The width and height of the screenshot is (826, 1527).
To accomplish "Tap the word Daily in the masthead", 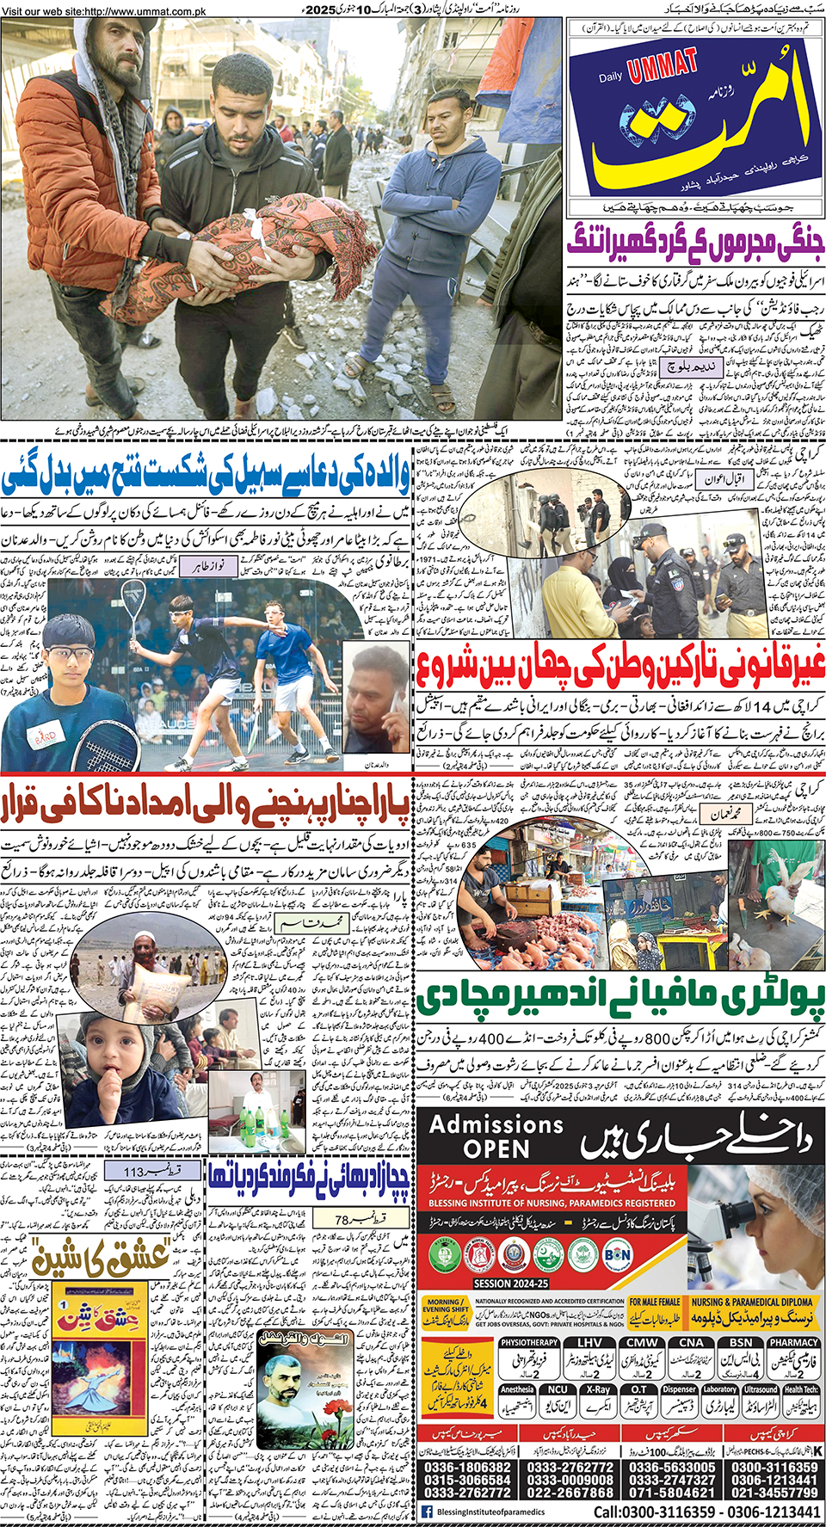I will coord(611,77).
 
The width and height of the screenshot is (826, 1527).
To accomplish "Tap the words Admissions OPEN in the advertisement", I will coord(496,1136).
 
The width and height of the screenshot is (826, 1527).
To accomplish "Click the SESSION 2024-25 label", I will coord(510,1283).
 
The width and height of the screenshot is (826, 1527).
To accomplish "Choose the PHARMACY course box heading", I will coord(793,1342).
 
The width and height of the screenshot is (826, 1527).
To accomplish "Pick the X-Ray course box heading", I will coord(599,1388).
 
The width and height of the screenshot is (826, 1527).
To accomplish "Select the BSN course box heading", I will coord(741,1342).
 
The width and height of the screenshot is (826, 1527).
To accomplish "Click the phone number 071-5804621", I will coord(672,1493).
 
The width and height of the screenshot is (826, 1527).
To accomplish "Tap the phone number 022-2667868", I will coord(570,1493).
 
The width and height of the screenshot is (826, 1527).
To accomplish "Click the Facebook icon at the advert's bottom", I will coord(428,1512).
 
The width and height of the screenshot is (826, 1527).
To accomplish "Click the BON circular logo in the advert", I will coord(618,1254).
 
